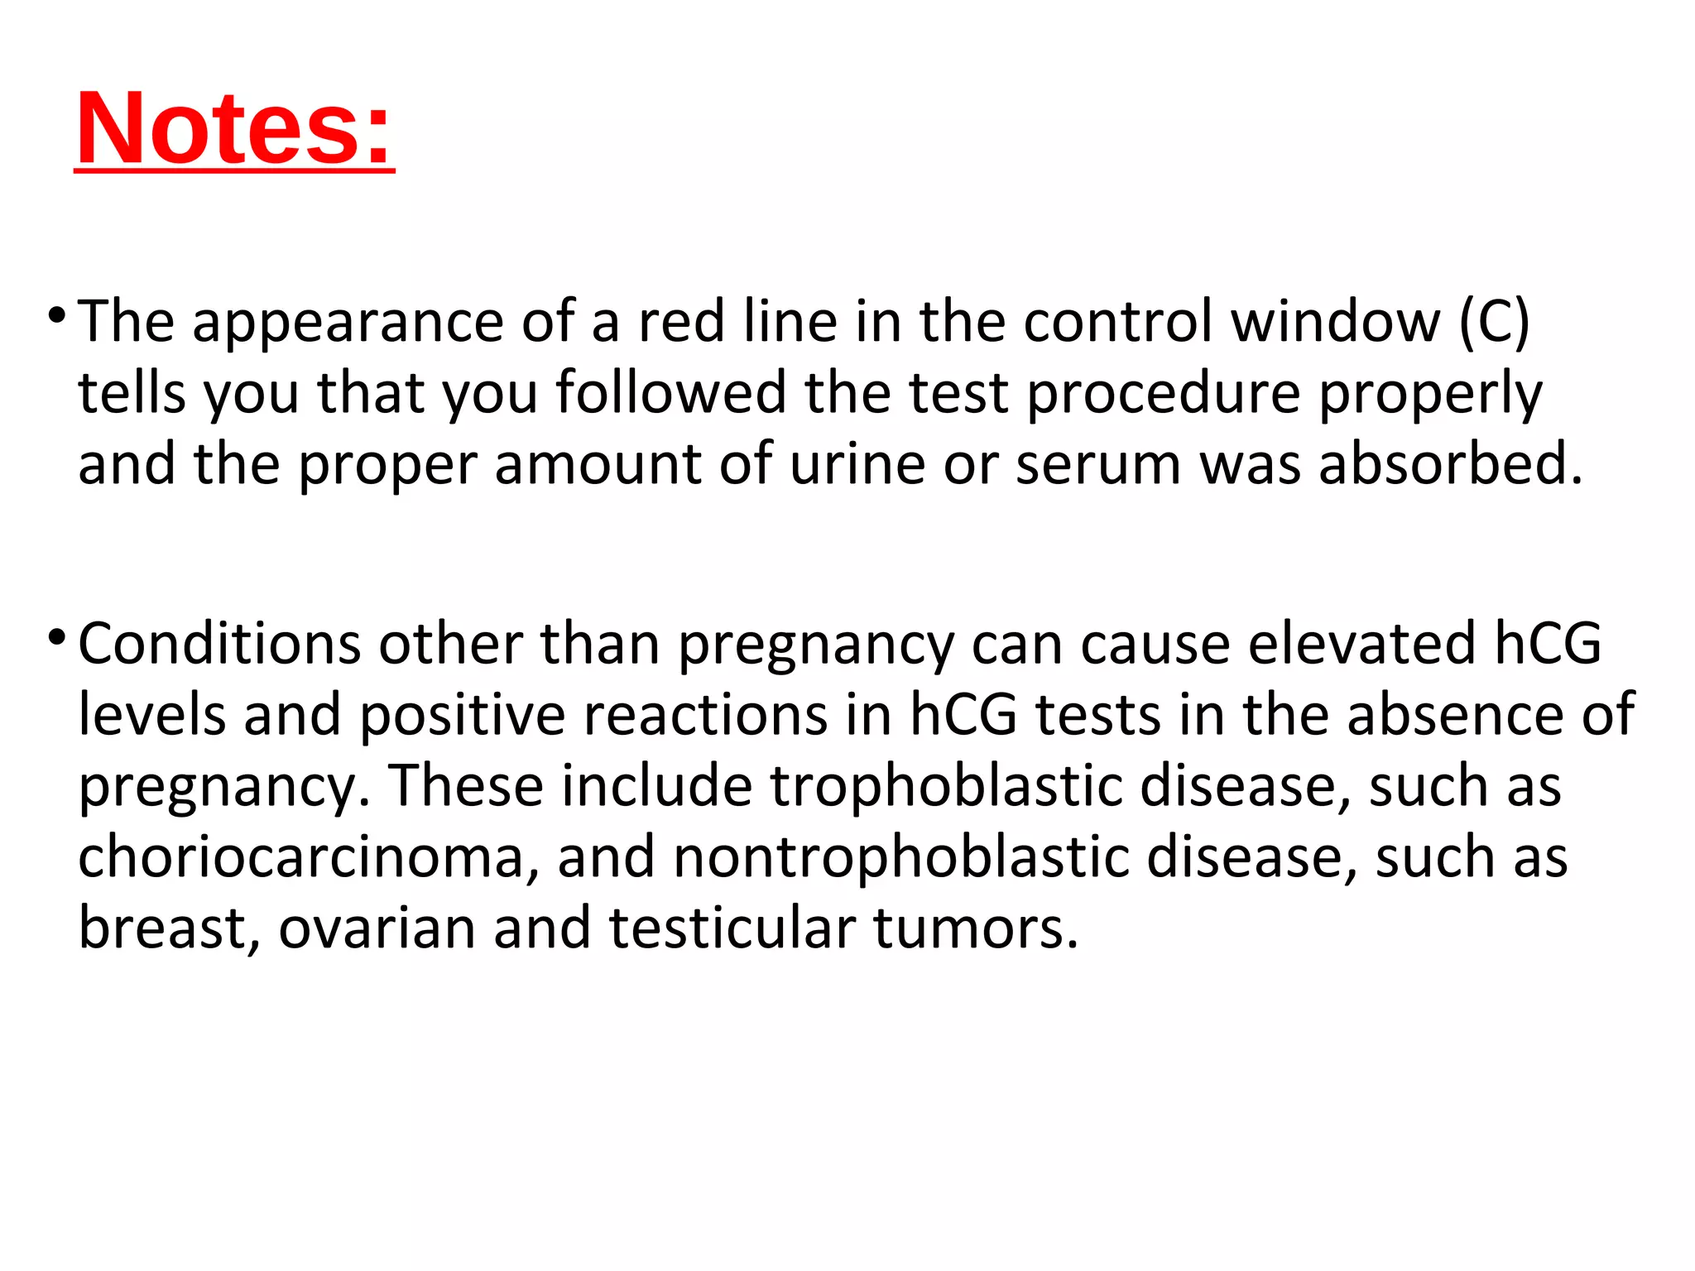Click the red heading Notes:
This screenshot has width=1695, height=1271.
pyautogui.click(x=233, y=129)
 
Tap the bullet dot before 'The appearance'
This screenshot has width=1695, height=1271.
pyautogui.click(x=56, y=315)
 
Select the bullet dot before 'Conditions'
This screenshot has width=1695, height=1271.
pyautogui.click(x=56, y=637)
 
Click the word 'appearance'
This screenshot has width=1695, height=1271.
pyautogui.click(x=348, y=323)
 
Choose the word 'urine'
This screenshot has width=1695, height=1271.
pyautogui.click(x=857, y=465)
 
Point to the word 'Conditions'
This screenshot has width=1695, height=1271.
pyautogui.click(x=219, y=644)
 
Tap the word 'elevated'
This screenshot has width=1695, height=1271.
pyautogui.click(x=1361, y=644)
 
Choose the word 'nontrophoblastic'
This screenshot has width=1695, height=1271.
pyautogui.click(x=900, y=857)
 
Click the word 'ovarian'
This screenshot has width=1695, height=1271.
pyautogui.click(x=377, y=928)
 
